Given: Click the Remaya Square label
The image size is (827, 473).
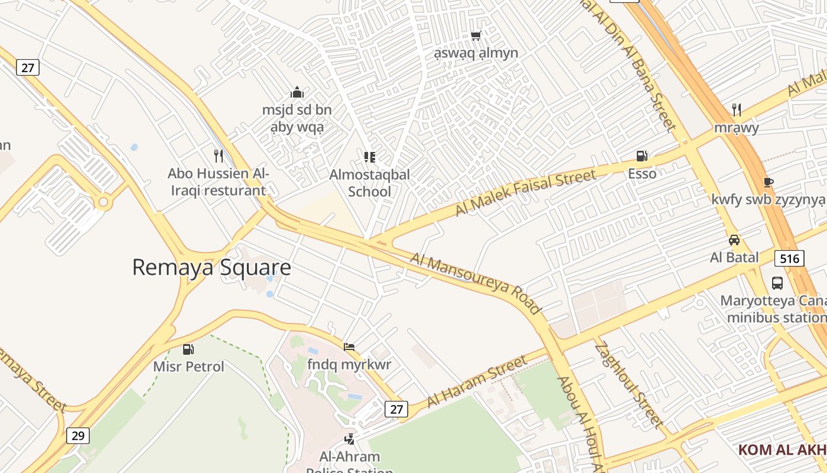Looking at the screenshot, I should pos(211,267).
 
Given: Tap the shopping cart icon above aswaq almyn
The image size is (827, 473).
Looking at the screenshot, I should pos(476,35).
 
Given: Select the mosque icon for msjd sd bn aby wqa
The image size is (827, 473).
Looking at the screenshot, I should pos(297,92).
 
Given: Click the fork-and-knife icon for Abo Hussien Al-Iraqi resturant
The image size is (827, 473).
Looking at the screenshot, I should pos(219,156).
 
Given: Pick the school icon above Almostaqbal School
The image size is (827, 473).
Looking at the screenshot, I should pos(370,157).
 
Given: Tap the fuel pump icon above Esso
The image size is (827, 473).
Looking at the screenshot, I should pos(642,156).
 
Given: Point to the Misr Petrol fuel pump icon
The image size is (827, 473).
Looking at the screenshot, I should pos(188,349).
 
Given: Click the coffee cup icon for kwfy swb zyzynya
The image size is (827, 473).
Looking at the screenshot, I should pos(768,182).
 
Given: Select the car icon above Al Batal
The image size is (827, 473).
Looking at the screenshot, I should pos(734,240).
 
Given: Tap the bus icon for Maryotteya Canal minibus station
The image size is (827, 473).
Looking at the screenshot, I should pos(777,283).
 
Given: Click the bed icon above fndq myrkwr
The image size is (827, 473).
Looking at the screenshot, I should pos(349,346).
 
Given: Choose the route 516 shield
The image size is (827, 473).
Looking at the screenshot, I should pos(789,258).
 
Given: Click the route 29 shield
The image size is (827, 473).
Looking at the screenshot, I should pos(77,436).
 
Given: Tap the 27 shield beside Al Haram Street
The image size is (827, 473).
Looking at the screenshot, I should pos(396,409).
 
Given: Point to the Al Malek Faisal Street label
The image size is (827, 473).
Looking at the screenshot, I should pos(526,193).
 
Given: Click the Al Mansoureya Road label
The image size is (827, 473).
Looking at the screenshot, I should pos(476,283).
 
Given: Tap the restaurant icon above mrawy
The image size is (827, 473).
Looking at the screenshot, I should pos(736,109).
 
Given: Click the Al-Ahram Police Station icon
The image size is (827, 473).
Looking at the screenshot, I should pos(350,439).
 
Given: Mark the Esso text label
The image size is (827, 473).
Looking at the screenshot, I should pos(642,174).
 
